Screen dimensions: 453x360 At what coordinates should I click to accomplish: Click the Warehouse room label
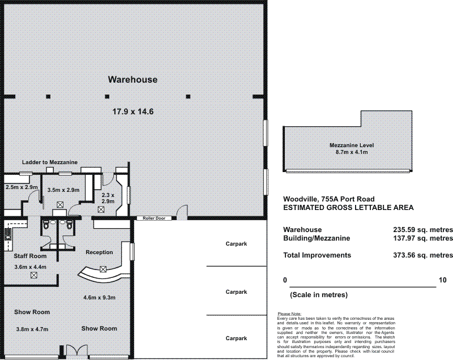point(133,80)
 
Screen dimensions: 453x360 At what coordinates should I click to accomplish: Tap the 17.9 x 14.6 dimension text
point(133,112)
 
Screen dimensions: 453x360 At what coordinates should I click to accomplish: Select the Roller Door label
point(154,218)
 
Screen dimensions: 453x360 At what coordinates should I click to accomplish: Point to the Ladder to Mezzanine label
point(50,162)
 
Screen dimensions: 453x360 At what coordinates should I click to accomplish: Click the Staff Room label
point(30,256)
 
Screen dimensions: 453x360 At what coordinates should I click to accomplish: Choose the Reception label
point(99,252)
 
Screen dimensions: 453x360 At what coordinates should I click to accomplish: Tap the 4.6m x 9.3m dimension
point(100,297)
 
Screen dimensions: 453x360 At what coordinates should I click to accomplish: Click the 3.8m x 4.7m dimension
point(32,329)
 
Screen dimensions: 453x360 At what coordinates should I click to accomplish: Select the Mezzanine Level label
point(352,145)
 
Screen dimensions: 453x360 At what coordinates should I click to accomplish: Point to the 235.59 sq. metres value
point(423,230)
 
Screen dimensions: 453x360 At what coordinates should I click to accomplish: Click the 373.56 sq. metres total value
point(423,255)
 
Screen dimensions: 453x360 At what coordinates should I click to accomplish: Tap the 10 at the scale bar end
point(443,280)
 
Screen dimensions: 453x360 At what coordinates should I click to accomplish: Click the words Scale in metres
point(319,295)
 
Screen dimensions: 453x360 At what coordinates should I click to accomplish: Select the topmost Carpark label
point(236,244)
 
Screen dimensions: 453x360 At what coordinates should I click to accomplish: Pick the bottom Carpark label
point(236,338)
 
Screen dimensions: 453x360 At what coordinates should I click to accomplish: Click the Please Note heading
point(289,314)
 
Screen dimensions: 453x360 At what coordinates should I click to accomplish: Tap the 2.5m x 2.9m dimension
point(22,187)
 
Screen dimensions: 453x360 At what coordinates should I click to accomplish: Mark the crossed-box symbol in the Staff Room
point(34,275)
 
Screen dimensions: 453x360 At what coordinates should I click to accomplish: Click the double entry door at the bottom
point(76,350)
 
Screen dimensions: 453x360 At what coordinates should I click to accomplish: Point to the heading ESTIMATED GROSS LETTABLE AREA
point(348,208)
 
